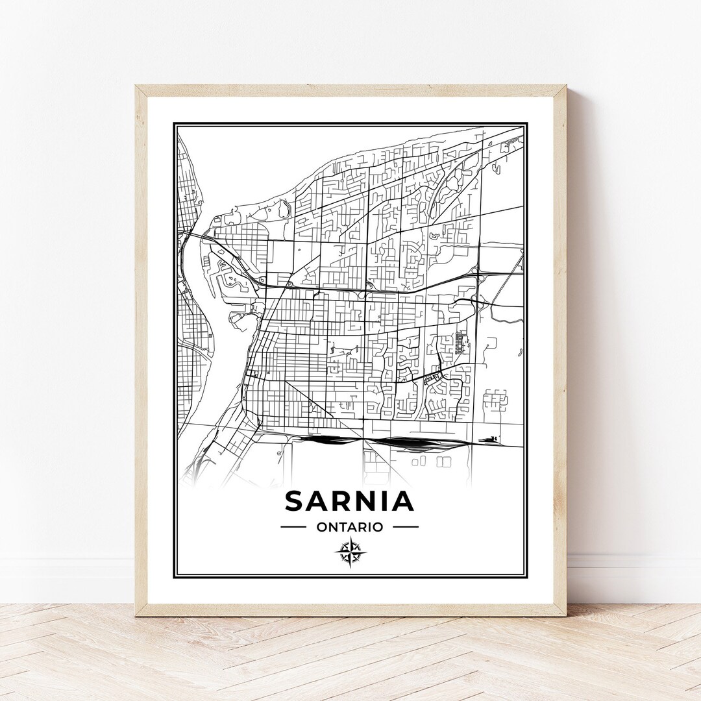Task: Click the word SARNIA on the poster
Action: click(x=349, y=501)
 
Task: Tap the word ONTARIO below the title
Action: click(x=350, y=527)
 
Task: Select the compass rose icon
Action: click(x=350, y=552)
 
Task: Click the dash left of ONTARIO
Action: click(x=293, y=527)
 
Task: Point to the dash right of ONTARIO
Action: click(x=406, y=527)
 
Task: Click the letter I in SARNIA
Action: click(x=385, y=501)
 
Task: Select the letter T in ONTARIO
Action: click(x=342, y=527)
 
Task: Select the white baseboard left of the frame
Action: click(x=65, y=578)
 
